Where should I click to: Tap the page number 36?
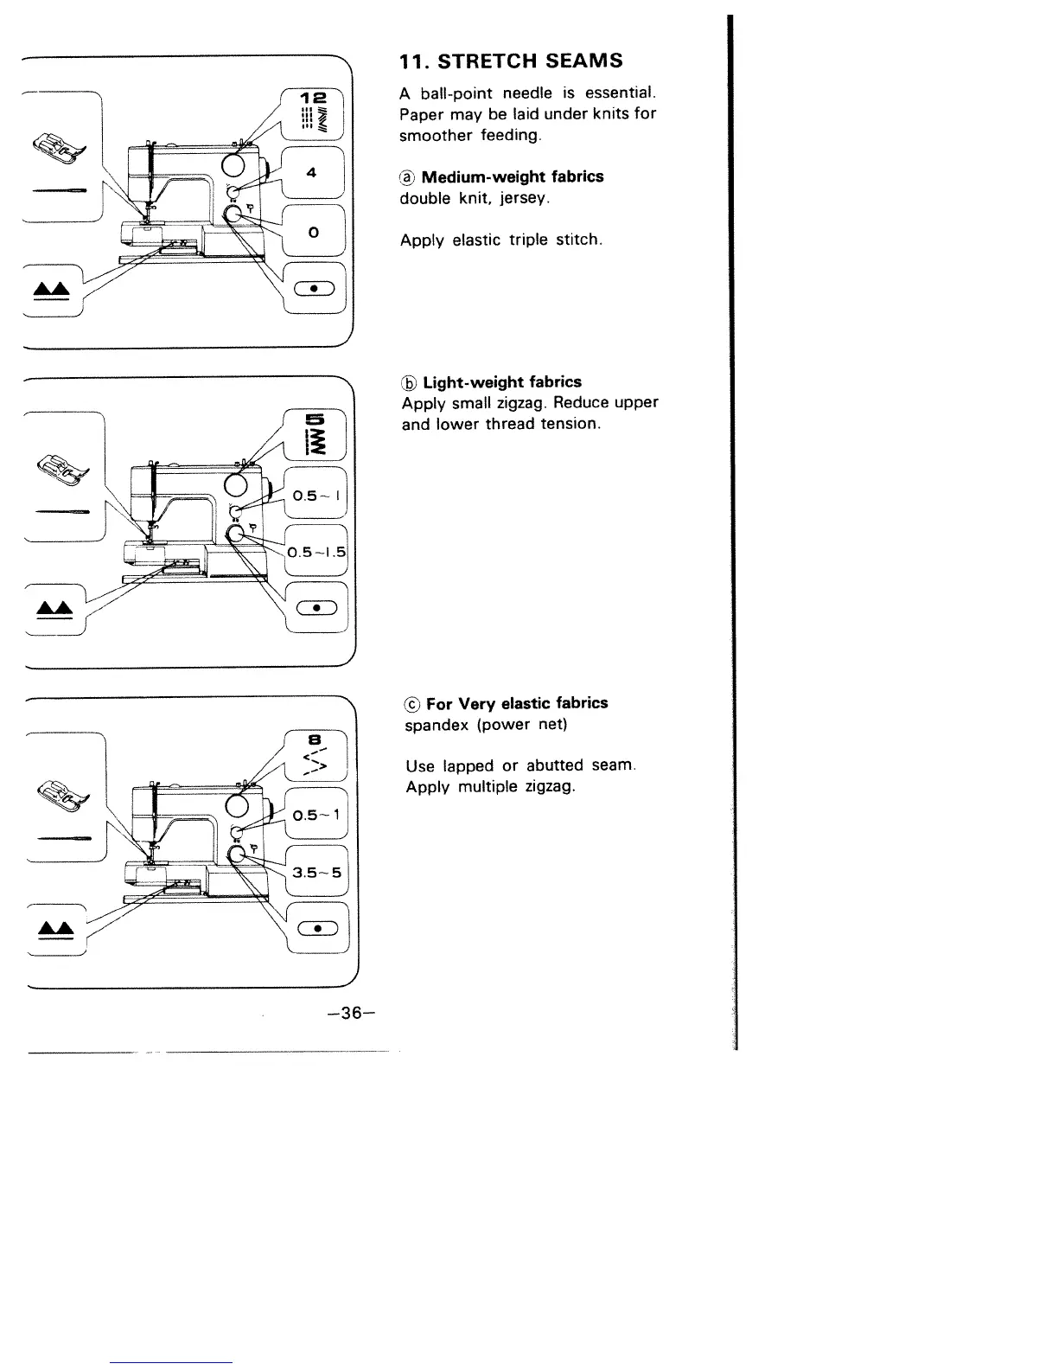342,1013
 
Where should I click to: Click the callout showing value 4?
313,173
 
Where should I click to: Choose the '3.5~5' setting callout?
316,872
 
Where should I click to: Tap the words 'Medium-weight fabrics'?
513,177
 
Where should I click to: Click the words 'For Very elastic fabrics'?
517,703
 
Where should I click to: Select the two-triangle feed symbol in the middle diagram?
54,609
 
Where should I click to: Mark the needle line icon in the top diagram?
59,190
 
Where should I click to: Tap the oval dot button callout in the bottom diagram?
317,928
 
